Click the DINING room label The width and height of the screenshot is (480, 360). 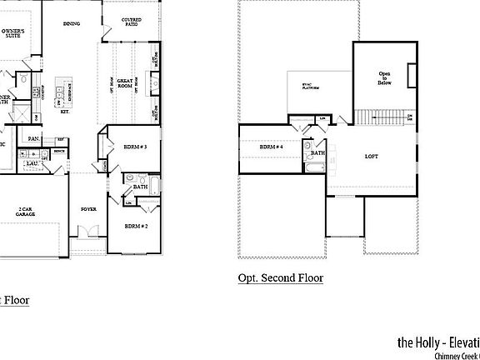[72, 24]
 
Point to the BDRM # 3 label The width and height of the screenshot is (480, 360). [135, 147]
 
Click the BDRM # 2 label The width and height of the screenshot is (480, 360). [136, 226]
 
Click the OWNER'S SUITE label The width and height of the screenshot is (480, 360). [12, 34]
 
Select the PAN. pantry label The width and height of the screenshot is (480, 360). [33, 138]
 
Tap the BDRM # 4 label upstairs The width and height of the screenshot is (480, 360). [272, 147]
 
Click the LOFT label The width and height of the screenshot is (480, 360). [372, 156]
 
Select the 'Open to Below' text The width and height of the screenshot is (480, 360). [384, 77]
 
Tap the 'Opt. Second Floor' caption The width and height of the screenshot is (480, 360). [280, 277]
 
